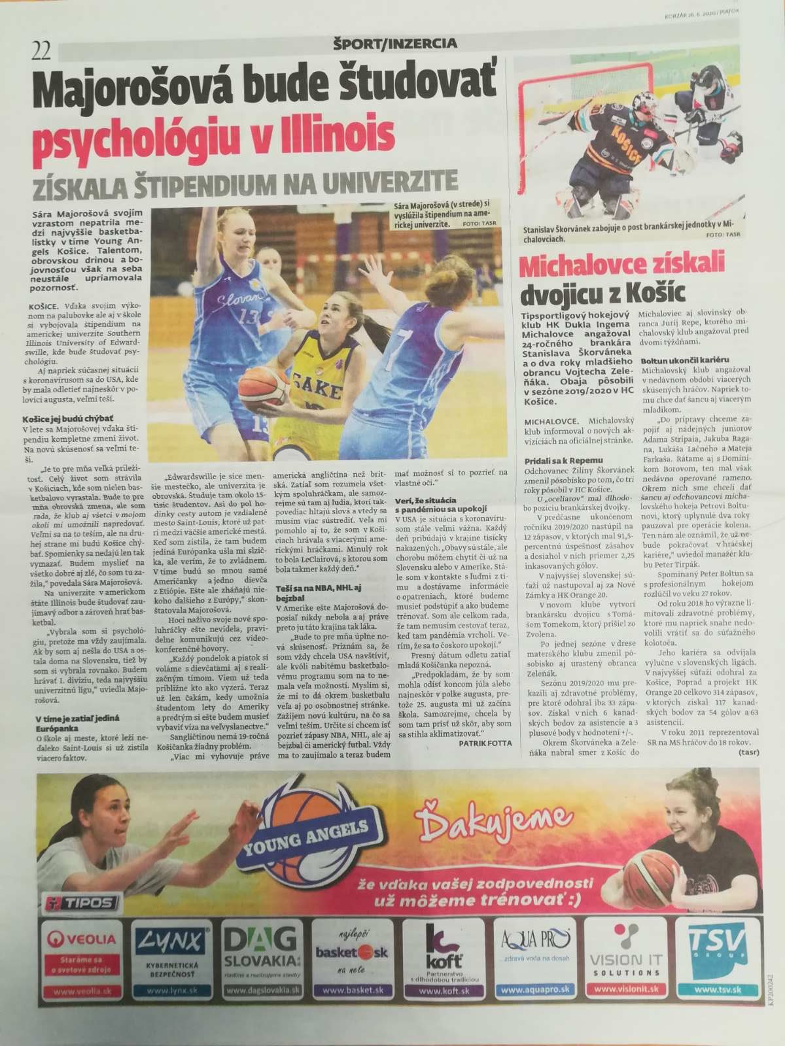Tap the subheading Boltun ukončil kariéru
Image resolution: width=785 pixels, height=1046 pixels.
pyautogui.click(x=685, y=360)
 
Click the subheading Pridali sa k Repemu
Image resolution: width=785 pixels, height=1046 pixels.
pyautogui.click(x=565, y=461)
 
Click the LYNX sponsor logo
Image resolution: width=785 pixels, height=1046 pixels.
pyautogui.click(x=173, y=941)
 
